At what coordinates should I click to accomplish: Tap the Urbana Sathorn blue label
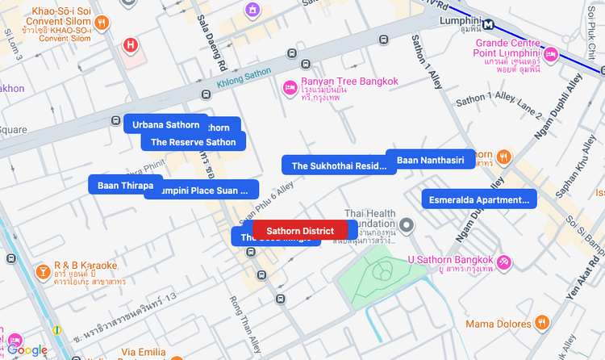[x=165, y=124]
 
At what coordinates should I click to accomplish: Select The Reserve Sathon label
[x=193, y=142]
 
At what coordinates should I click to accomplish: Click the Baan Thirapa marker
[x=125, y=186]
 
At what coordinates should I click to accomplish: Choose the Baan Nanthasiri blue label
[x=430, y=160]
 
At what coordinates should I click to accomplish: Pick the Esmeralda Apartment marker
[x=479, y=199]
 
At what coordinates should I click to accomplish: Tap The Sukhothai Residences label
[x=339, y=165]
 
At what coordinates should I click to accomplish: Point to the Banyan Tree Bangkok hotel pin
[x=289, y=87]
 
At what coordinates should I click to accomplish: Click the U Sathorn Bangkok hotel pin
[x=503, y=261]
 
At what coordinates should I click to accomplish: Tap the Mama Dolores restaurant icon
[x=541, y=323]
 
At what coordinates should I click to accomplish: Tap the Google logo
[x=28, y=350]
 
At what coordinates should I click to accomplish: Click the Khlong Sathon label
[x=244, y=77]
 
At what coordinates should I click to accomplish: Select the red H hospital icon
[x=130, y=44]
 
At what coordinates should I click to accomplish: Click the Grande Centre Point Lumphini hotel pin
[x=551, y=55]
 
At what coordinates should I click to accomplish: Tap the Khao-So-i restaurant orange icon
[x=102, y=23]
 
